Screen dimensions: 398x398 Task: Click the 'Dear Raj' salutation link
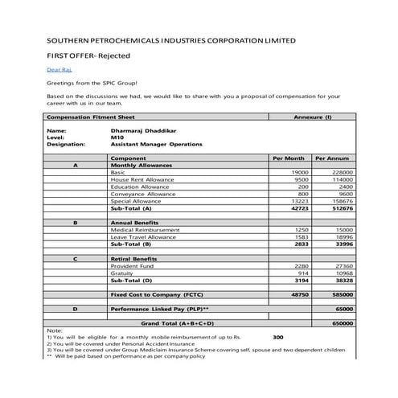[55, 70]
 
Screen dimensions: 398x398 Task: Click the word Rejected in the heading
[111, 55]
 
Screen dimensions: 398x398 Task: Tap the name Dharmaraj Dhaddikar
[143, 130]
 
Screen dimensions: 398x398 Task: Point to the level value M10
[117, 137]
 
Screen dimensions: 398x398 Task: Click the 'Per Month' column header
[289, 158]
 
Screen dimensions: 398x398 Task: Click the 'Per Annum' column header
[331, 158]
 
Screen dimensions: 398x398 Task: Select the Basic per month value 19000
[298, 172]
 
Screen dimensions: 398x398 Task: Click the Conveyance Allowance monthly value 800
[302, 194]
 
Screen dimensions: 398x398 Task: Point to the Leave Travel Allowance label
[144, 237]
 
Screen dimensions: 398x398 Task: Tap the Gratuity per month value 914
[302, 273]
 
